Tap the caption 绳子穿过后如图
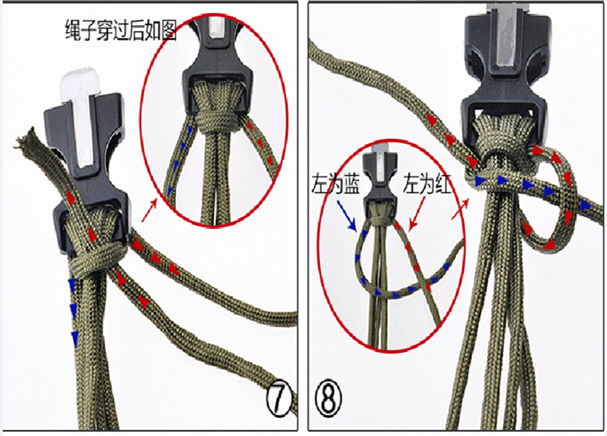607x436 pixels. point(121,33)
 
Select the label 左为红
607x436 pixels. point(426,184)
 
